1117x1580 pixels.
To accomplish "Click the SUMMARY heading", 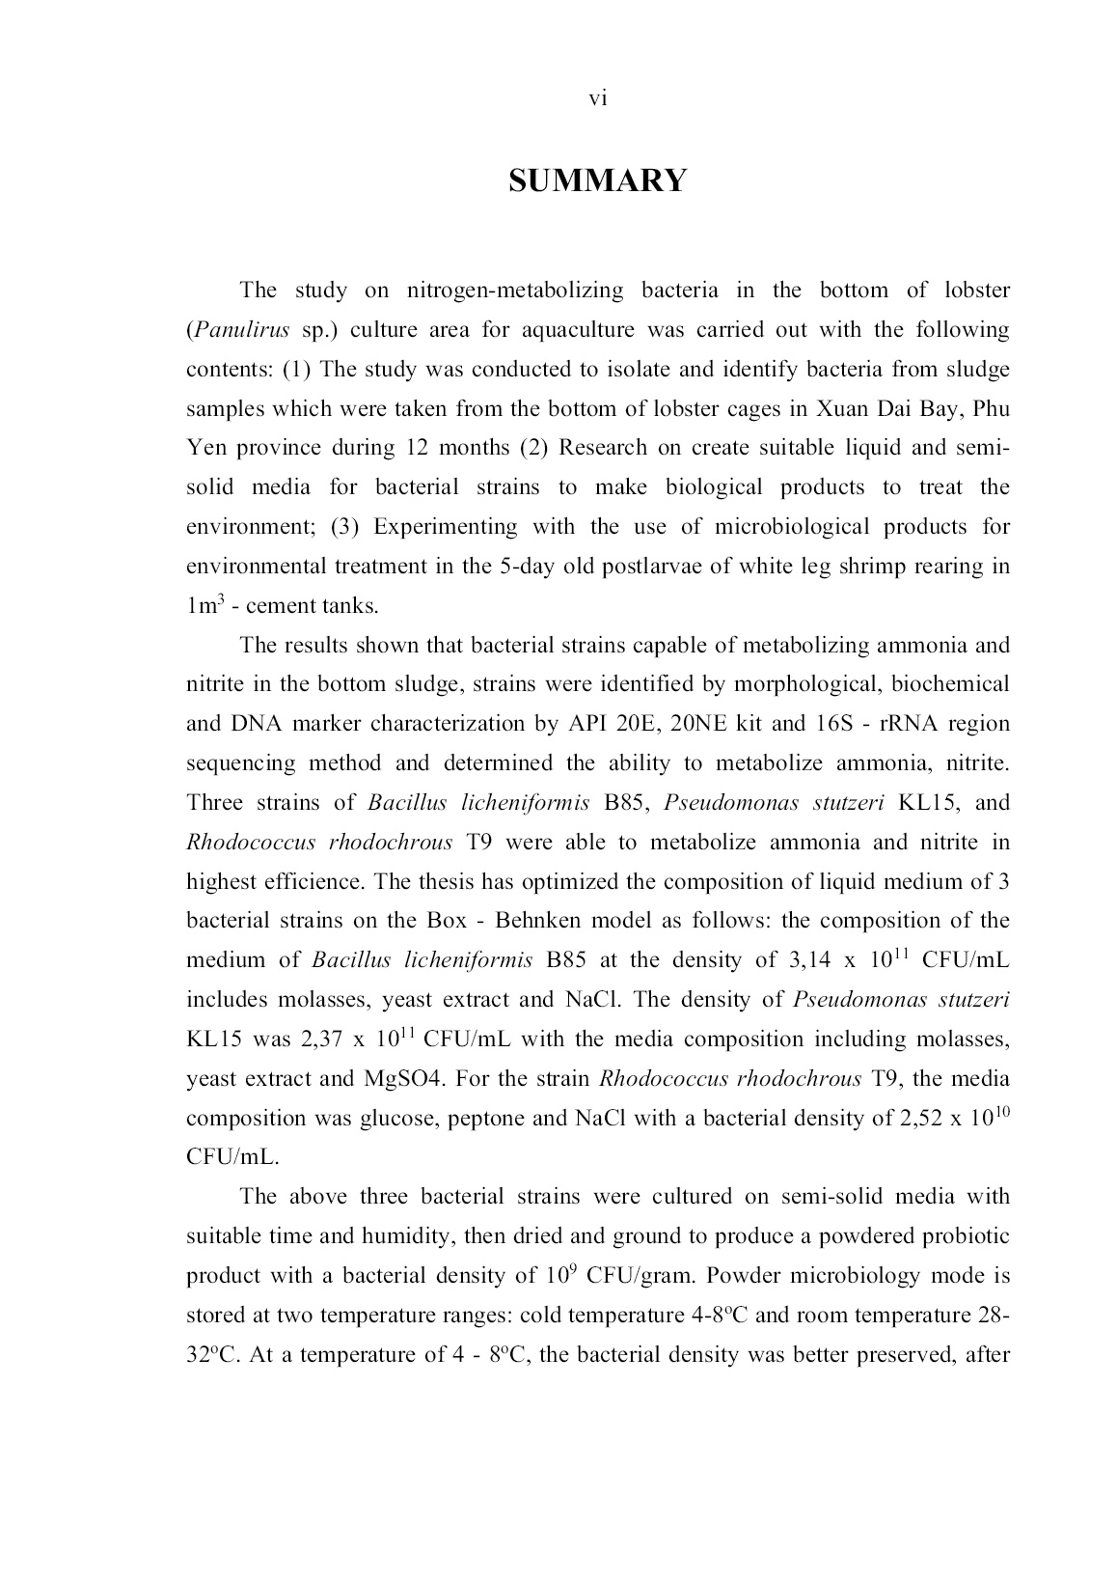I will point(597,180).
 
